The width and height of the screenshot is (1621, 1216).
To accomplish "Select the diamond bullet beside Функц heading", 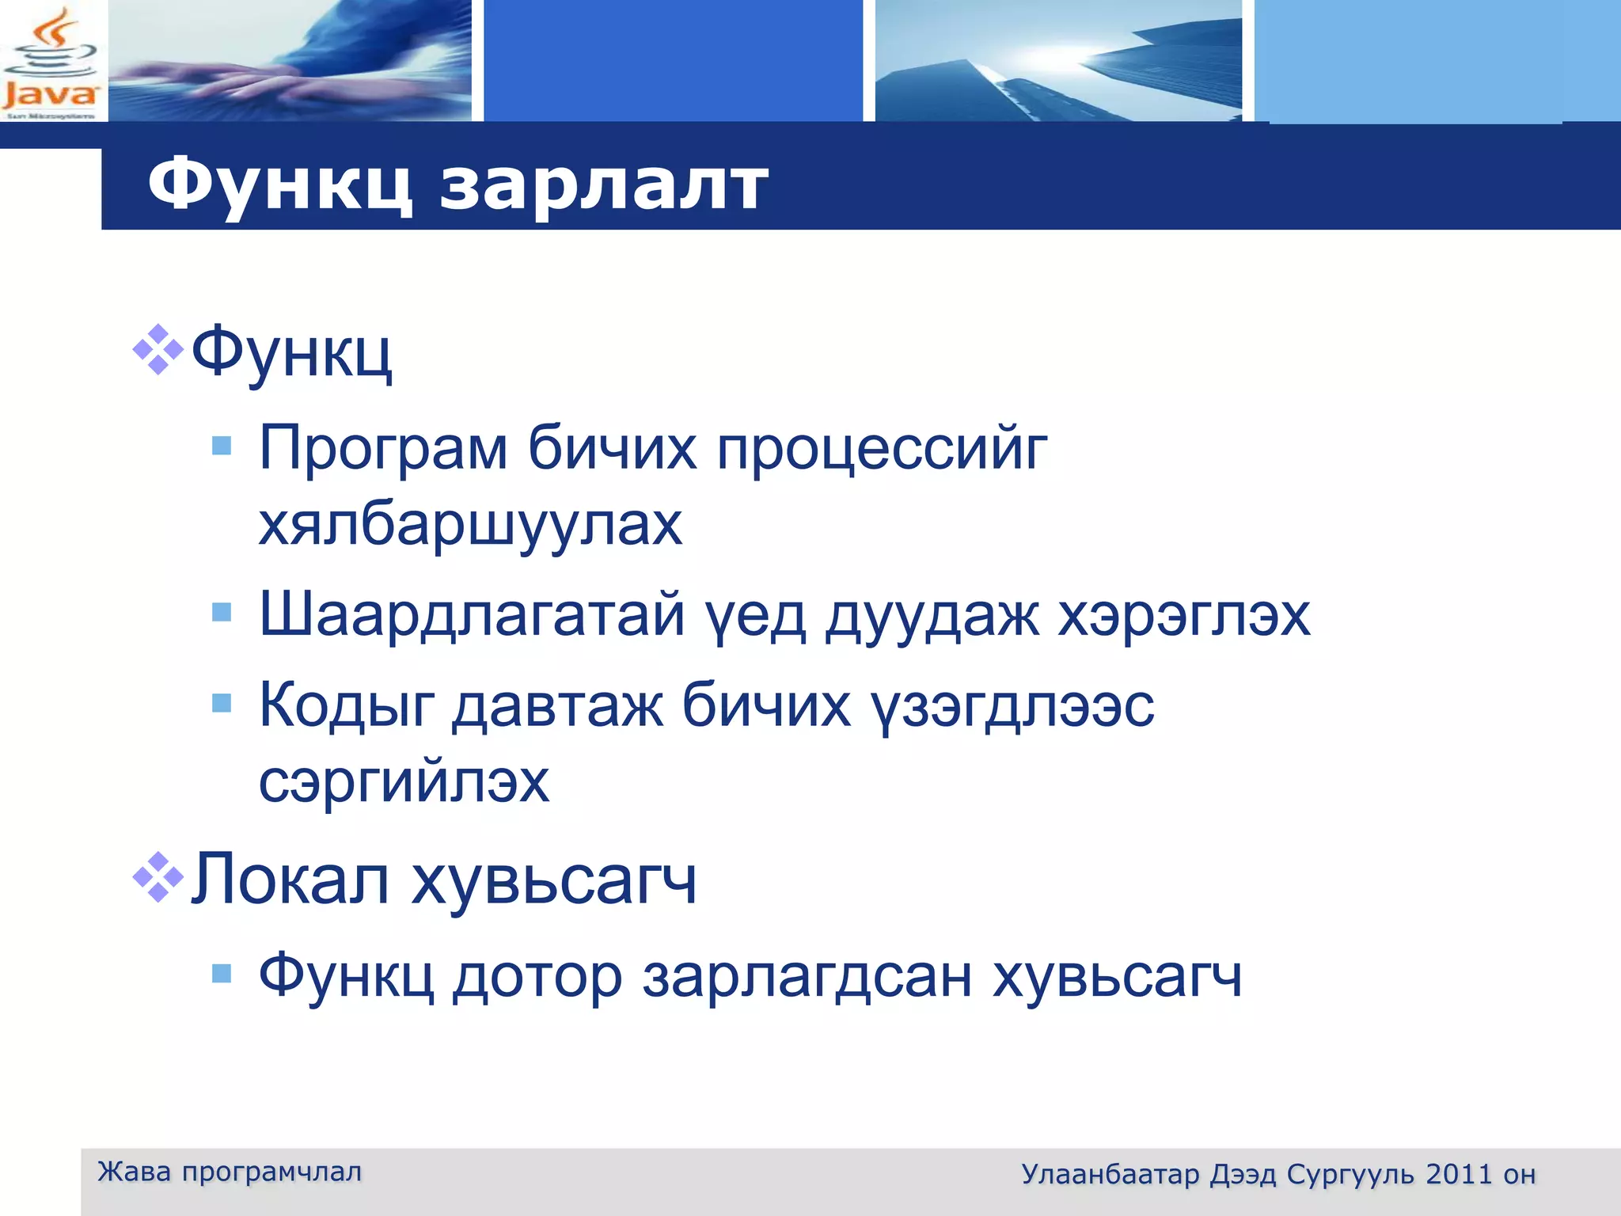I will coord(158,349).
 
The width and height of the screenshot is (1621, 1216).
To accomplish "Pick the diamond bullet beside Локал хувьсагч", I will coord(158,877).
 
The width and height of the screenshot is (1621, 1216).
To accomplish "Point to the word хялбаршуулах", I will coord(470,524).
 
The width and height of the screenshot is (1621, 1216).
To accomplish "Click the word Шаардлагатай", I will coord(472,614).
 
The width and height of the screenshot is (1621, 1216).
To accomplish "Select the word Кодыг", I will coord(347,705).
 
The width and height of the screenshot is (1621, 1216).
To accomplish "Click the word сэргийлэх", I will coord(404,781).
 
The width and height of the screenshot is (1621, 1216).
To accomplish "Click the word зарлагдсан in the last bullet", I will coord(807,977).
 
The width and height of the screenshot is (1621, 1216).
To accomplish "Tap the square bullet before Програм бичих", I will coord(222,446).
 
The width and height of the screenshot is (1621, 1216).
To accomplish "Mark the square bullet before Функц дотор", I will coord(222,974).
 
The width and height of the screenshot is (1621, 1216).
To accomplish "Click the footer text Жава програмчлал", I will coord(230,1172).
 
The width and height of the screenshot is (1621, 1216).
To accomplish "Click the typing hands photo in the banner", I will coord(290,60).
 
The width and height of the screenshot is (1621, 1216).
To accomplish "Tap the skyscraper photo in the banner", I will coord(1057,60).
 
